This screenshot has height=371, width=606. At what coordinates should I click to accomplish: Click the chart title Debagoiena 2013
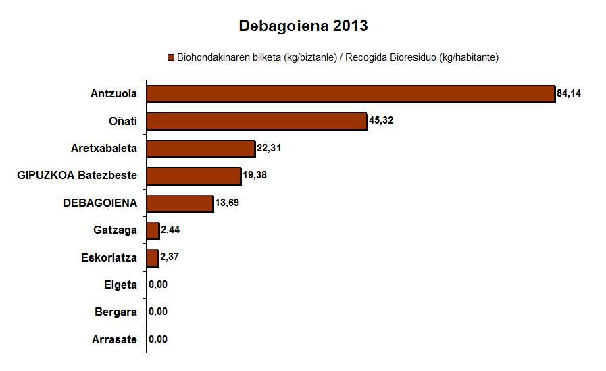[x=303, y=26]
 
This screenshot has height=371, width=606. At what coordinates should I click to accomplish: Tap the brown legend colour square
[x=171, y=58]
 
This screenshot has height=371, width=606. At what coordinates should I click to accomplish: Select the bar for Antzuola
[x=351, y=94]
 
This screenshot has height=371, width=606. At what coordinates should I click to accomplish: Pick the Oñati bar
[x=257, y=121]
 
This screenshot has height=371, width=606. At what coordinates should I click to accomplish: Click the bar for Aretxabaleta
[x=201, y=148]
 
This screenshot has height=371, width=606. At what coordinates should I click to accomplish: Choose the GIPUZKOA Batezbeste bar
[x=193, y=176]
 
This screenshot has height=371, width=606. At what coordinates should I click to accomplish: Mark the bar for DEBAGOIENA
[x=180, y=203]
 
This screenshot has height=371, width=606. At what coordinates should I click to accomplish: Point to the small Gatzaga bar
[x=153, y=230]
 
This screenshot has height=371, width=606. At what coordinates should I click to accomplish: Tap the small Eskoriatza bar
[x=153, y=257]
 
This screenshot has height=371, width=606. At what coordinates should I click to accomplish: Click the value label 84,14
[x=569, y=93]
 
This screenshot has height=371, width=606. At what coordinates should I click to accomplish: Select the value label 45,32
[x=381, y=121]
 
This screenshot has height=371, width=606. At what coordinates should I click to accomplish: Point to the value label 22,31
[x=269, y=148]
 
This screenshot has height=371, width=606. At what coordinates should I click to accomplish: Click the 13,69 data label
[x=227, y=203]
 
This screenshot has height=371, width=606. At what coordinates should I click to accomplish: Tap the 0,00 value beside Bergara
[x=157, y=312]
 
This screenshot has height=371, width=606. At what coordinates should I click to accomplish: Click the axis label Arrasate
[x=114, y=339]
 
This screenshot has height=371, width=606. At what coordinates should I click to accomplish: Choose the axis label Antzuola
[x=113, y=94]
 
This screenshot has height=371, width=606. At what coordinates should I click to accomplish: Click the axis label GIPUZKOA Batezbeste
[x=77, y=176]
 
